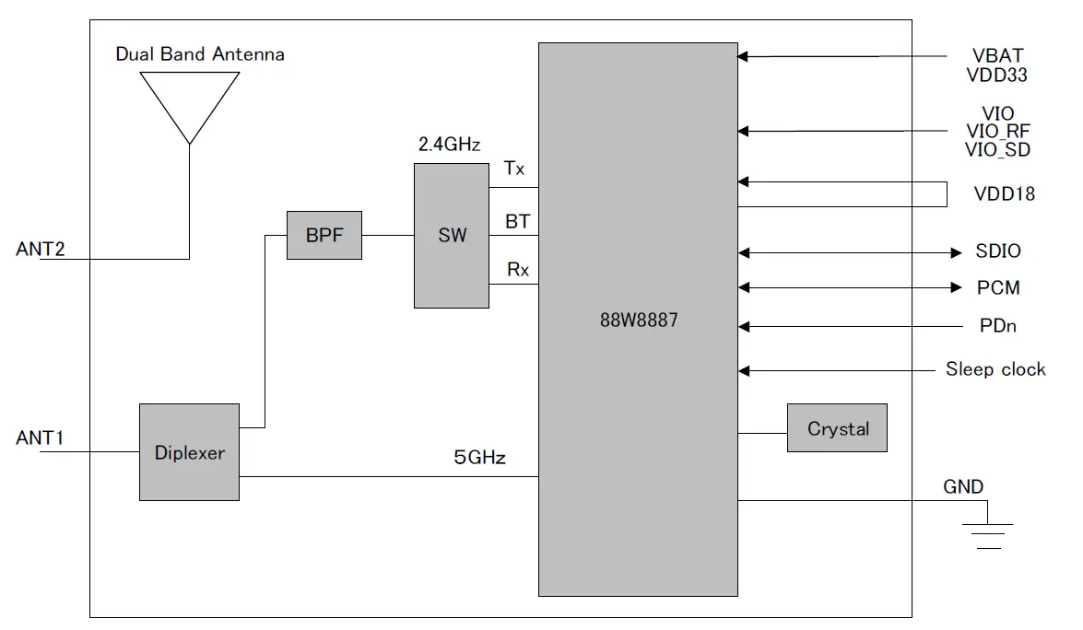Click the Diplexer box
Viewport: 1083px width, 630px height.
(189, 452)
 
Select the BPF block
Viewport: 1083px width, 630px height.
(324, 235)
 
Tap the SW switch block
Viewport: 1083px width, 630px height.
(452, 236)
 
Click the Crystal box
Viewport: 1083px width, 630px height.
(837, 428)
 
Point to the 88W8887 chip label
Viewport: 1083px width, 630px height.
(638, 321)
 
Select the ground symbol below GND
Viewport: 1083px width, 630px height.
(987, 535)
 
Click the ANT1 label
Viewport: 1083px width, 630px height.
(40, 437)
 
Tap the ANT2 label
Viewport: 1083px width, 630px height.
(40, 250)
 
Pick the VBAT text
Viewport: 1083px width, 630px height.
(996, 56)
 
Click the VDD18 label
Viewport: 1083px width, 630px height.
(1004, 194)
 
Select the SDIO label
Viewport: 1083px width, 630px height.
(998, 251)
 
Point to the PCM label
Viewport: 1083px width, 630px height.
(998, 288)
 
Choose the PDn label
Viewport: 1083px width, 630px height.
(998, 326)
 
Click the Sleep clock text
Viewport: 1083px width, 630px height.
(995, 370)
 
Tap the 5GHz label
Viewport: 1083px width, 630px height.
(479, 457)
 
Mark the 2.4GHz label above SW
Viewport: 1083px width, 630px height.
(450, 145)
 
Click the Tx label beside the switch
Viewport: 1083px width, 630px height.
(513, 169)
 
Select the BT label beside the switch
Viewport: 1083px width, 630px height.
(516, 222)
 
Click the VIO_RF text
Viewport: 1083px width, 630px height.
(998, 132)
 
